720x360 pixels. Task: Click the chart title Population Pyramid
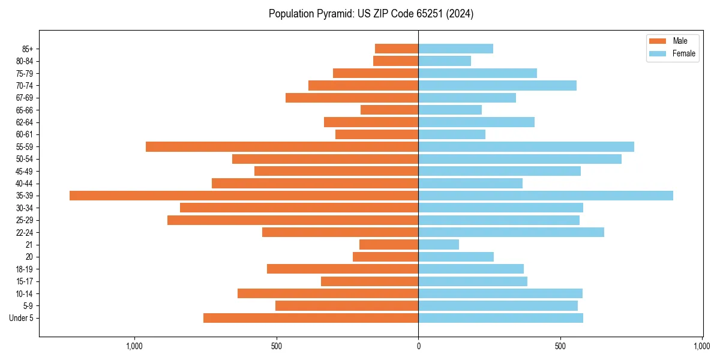click(371, 14)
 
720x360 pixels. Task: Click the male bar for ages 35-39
click(244, 196)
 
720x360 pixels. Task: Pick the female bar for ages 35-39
click(545, 196)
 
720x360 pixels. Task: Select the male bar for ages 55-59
click(282, 146)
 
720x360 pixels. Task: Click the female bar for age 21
click(439, 244)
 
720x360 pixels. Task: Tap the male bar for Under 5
click(311, 318)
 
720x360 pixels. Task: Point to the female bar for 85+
click(455, 49)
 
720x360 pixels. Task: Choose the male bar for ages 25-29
click(293, 220)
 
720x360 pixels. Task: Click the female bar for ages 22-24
click(511, 232)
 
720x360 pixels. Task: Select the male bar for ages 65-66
click(389, 110)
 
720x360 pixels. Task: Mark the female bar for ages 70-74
click(497, 85)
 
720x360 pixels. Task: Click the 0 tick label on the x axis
click(418, 346)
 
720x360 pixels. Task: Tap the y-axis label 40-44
click(25, 184)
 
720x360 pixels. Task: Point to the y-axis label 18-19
click(25, 269)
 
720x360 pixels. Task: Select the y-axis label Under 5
click(22, 318)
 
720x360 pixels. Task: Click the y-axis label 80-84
click(25, 61)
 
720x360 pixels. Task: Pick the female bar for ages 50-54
click(520, 159)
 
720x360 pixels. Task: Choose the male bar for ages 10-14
click(328, 293)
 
